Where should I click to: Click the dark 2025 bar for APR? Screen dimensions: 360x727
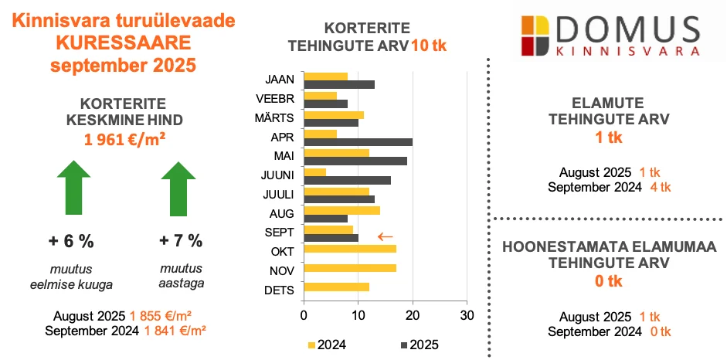click(x=358, y=142)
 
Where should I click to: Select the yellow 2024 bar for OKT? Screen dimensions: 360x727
click(x=351, y=249)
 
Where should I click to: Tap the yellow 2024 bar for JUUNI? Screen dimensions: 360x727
click(x=315, y=172)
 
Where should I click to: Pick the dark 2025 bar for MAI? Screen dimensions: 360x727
click(x=355, y=161)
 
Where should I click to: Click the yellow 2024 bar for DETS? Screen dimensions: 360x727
click(x=338, y=287)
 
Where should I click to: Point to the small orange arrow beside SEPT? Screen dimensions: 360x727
click(x=386, y=236)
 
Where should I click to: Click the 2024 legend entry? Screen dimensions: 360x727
click(x=325, y=344)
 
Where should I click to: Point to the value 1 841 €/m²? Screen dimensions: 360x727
click(x=175, y=330)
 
